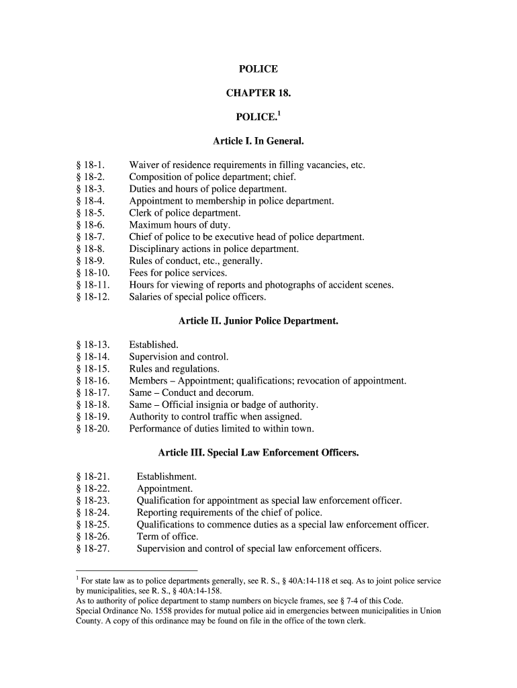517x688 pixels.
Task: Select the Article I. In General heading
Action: click(x=258, y=142)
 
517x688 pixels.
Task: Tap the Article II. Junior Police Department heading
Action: click(x=258, y=321)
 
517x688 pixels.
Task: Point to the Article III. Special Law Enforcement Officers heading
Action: click(x=258, y=453)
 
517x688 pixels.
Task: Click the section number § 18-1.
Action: click(x=90, y=165)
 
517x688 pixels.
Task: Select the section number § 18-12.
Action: click(x=93, y=297)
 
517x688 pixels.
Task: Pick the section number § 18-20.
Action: click(x=93, y=429)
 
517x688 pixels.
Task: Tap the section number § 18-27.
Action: click(x=93, y=549)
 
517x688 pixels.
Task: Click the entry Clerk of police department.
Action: click(x=185, y=213)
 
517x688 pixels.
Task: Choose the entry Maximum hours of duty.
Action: click(x=179, y=225)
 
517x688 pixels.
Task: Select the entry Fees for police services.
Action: click(x=178, y=273)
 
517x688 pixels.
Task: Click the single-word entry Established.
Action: click(x=154, y=345)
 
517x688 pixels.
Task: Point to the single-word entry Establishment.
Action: click(x=167, y=477)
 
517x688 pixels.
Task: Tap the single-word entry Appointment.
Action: click(x=164, y=489)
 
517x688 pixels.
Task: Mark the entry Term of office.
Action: click(x=167, y=537)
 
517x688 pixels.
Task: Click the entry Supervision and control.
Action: click(x=179, y=357)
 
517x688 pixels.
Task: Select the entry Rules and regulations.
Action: click(x=174, y=369)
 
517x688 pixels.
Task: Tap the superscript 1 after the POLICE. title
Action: click(x=279, y=114)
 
